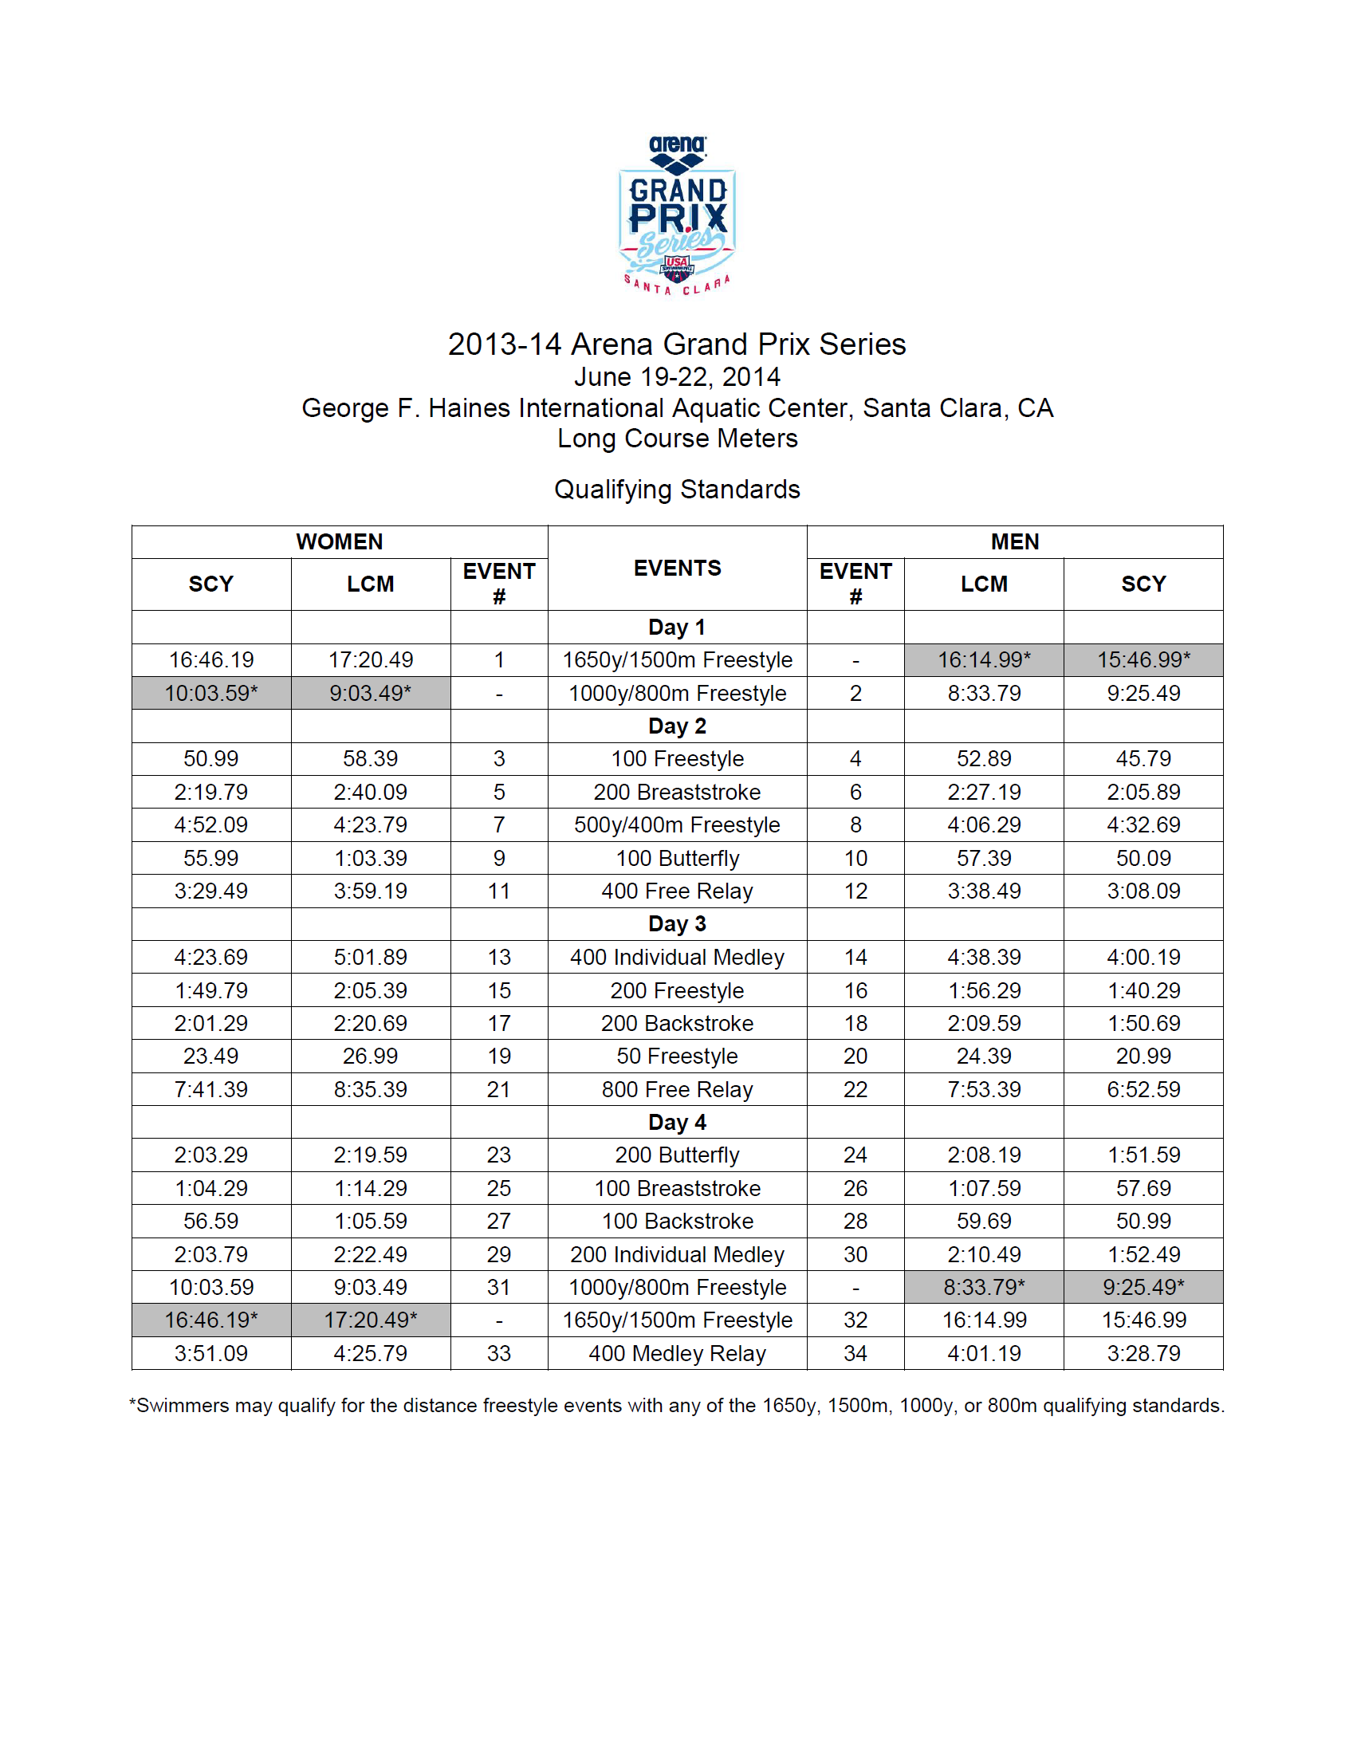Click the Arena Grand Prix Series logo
tap(678, 214)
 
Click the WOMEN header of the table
tap(339, 542)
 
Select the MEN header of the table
tap(1014, 542)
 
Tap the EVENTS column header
tap(678, 569)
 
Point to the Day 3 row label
tap(678, 923)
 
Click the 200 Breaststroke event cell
tap(678, 792)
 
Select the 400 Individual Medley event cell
tap(678, 958)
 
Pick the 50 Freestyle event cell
tap(678, 1056)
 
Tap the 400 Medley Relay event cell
tap(678, 1353)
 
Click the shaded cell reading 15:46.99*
tap(1143, 660)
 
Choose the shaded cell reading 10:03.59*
tap(210, 693)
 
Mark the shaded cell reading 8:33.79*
tap(984, 1287)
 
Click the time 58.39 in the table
tap(370, 758)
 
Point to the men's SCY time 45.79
tap(1143, 758)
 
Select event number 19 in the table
tap(498, 1056)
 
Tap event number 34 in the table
tap(855, 1353)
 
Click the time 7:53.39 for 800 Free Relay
tap(984, 1089)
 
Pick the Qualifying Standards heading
tap(678, 489)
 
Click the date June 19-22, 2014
tap(678, 377)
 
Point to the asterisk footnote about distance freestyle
tap(678, 1406)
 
